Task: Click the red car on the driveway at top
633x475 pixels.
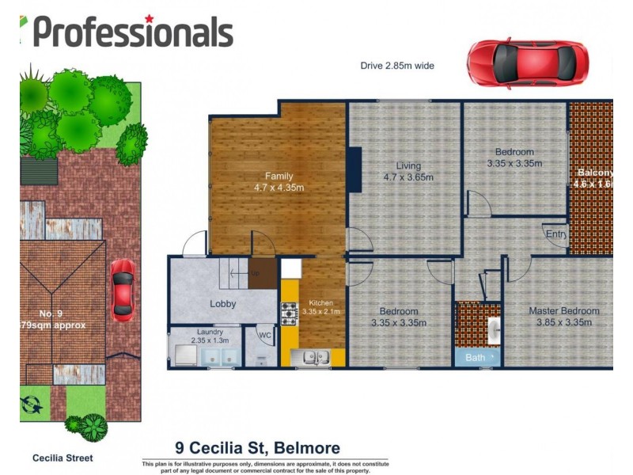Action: point(527,64)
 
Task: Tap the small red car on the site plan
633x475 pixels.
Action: point(122,291)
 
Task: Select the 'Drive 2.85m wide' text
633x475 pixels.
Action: point(397,66)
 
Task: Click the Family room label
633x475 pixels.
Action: point(279,177)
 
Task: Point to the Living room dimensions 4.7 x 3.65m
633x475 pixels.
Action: point(408,177)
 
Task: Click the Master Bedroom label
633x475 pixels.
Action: point(563,311)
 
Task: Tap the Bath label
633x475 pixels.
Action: point(476,358)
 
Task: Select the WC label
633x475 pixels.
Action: point(265,335)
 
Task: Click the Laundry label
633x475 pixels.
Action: point(210,332)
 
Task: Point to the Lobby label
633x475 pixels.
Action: point(223,304)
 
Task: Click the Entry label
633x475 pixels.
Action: point(555,234)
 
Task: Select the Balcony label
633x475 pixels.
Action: point(594,173)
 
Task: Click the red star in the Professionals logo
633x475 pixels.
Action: point(149,18)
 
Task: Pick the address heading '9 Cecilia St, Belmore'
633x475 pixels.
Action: point(257,448)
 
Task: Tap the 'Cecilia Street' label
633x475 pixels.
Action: point(62,458)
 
